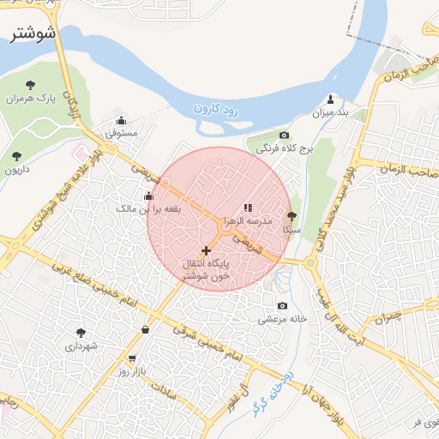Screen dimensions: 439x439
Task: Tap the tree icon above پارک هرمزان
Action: point(31,84)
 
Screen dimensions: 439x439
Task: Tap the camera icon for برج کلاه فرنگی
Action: point(284,135)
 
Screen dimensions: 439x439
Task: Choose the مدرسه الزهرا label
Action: point(248,221)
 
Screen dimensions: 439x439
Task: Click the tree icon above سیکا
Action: point(292,217)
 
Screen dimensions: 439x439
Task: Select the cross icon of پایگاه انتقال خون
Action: point(206,250)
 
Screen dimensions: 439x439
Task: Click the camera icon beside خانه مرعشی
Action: point(282,306)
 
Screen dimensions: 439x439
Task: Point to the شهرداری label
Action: point(81,346)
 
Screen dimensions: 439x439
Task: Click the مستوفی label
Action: point(121,134)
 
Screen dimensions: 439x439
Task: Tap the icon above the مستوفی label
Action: point(121,120)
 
